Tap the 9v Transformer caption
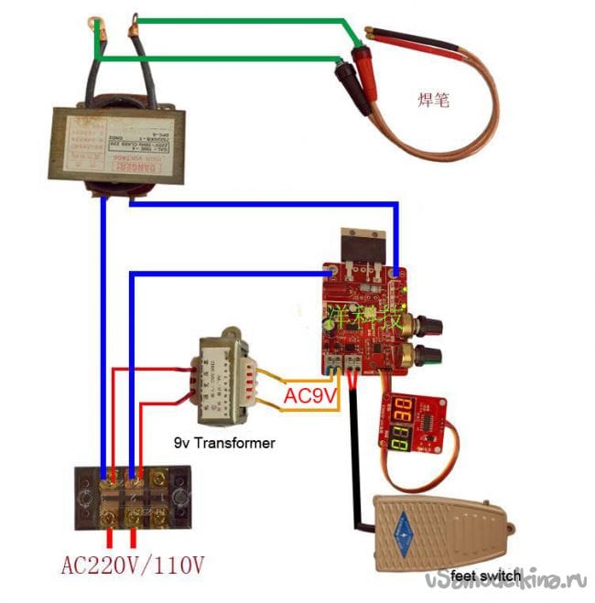click(x=224, y=443)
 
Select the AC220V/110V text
click(x=133, y=565)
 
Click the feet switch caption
click(x=486, y=576)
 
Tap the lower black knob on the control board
click(x=428, y=355)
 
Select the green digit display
click(x=400, y=440)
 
